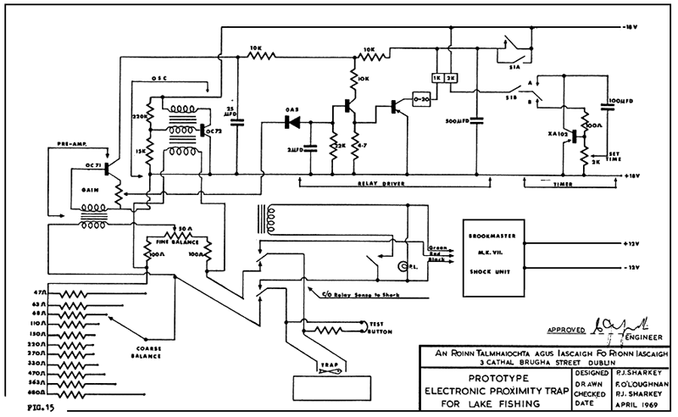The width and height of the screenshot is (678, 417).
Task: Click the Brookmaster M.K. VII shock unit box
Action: (x=492, y=253)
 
